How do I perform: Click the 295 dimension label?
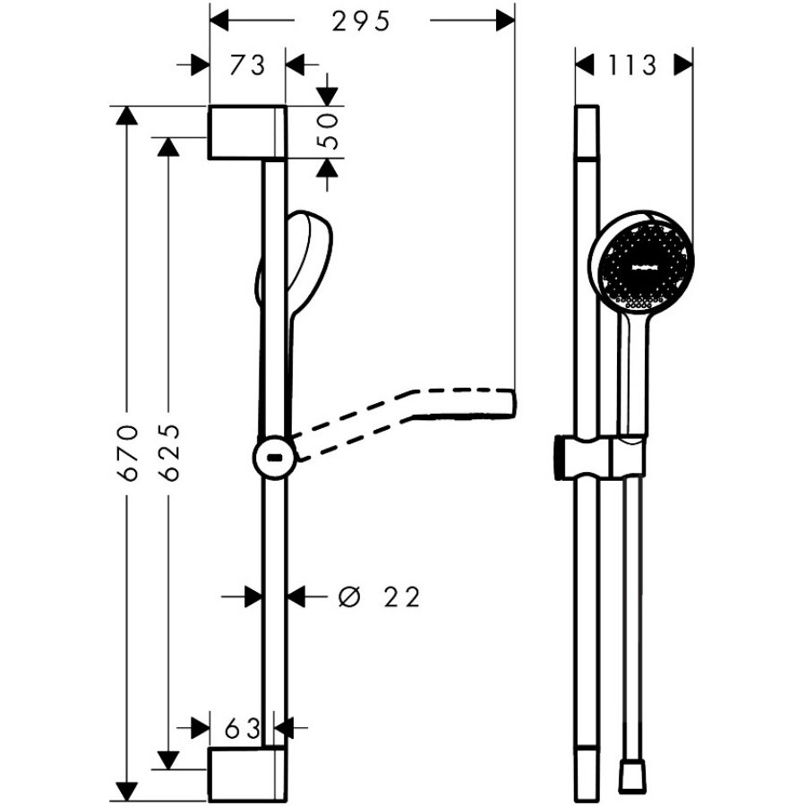(x=361, y=21)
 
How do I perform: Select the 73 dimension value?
(x=247, y=65)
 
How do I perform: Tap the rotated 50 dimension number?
(x=329, y=131)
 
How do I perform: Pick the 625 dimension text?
(x=169, y=453)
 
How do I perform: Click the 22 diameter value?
(x=402, y=596)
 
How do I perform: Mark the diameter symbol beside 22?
(x=349, y=596)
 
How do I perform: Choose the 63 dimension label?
(x=243, y=728)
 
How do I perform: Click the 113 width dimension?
(x=632, y=65)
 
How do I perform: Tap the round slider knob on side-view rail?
(x=275, y=457)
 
